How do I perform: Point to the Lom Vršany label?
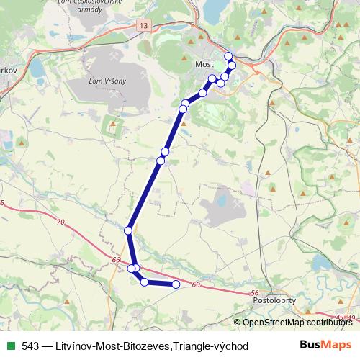click(107, 81)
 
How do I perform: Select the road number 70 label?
click(59, 221)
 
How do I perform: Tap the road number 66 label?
click(116, 258)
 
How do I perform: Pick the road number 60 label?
click(195, 286)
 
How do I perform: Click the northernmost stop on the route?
click(229, 56)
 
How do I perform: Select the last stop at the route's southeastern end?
click(176, 284)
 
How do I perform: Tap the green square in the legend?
click(11, 346)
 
